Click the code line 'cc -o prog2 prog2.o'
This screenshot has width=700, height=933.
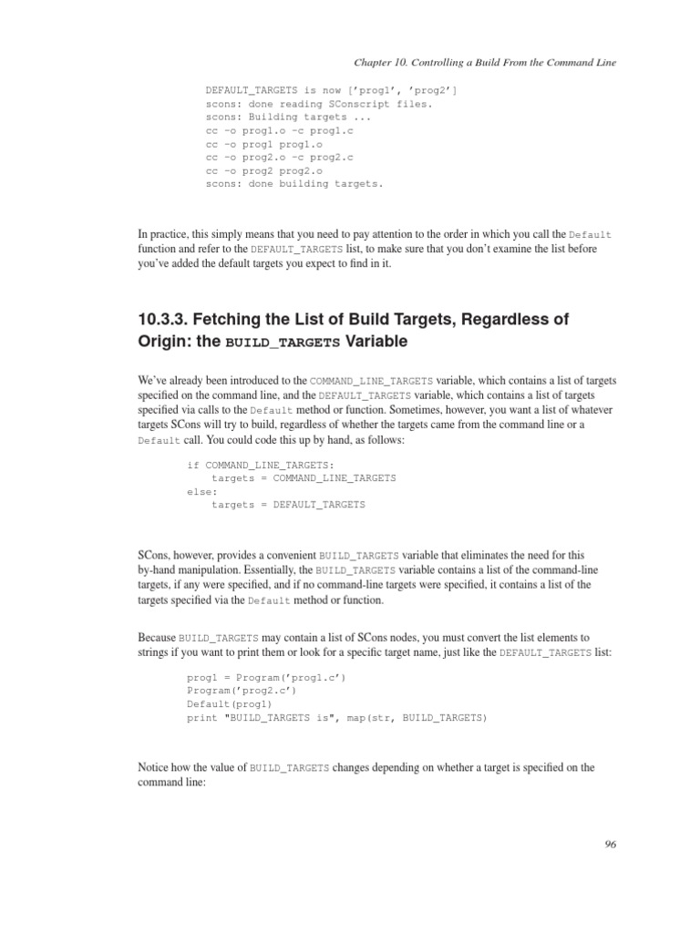pos(264,169)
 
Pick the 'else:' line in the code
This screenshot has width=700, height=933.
pos(202,491)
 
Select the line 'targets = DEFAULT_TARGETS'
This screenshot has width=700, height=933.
pos(288,504)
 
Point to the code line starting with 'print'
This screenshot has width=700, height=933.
pos(337,718)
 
